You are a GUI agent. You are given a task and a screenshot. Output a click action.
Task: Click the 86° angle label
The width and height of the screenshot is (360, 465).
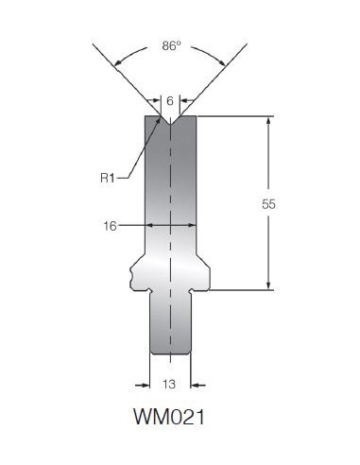pyautogui.click(x=172, y=46)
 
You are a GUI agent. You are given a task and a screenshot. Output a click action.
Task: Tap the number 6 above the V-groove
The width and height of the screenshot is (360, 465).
pyautogui.click(x=170, y=101)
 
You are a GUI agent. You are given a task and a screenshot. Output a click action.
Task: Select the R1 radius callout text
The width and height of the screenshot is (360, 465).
pyautogui.click(x=108, y=178)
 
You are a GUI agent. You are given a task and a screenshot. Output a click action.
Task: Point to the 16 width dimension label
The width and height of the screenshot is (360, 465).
pyautogui.click(x=110, y=226)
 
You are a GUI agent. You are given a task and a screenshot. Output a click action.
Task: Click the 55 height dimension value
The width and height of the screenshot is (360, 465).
pyautogui.click(x=268, y=204)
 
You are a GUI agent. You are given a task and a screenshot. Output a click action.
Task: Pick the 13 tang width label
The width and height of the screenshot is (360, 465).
pyautogui.click(x=169, y=385)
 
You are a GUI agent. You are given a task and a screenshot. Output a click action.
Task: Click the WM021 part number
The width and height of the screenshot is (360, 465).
pyautogui.click(x=169, y=417)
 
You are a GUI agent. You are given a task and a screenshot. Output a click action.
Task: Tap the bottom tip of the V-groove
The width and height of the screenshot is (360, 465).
pyautogui.click(x=170, y=125)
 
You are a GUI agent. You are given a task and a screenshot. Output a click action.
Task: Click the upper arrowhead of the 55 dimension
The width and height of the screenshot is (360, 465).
pyautogui.click(x=268, y=121)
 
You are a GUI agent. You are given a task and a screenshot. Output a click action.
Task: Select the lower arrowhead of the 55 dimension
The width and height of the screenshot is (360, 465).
pyautogui.click(x=268, y=285)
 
